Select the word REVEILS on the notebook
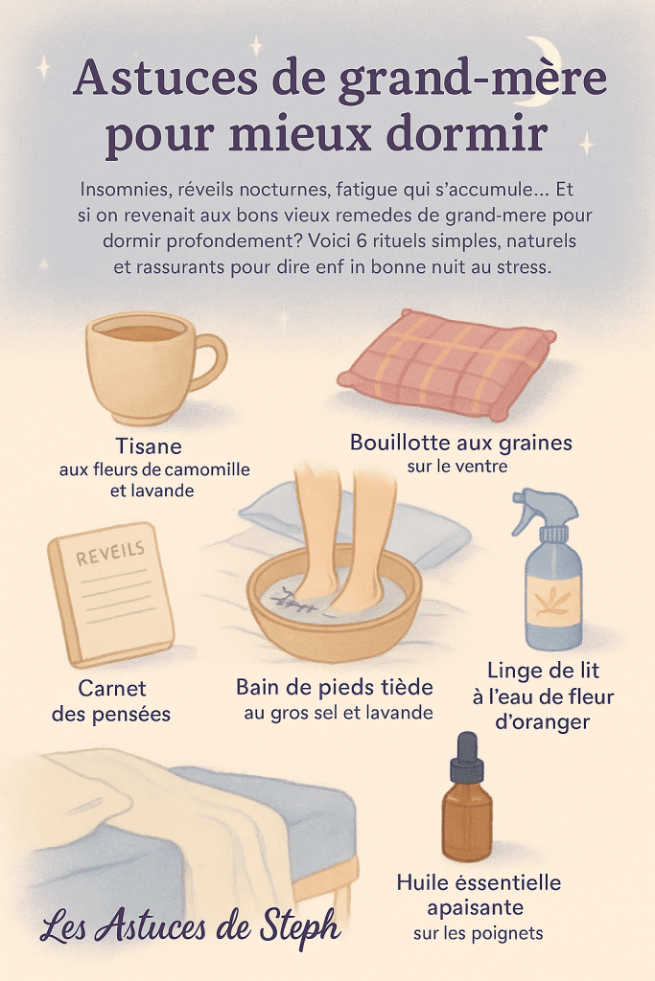pos(110,553)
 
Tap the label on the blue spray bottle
pos(552,601)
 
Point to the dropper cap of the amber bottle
pos(466,758)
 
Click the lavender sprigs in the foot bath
pos(294,602)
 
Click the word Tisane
pos(149,446)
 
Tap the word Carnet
pos(112,688)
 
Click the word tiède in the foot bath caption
pos(407,687)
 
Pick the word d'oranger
pos(542,722)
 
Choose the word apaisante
pos(476,908)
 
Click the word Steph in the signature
pos(300,927)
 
